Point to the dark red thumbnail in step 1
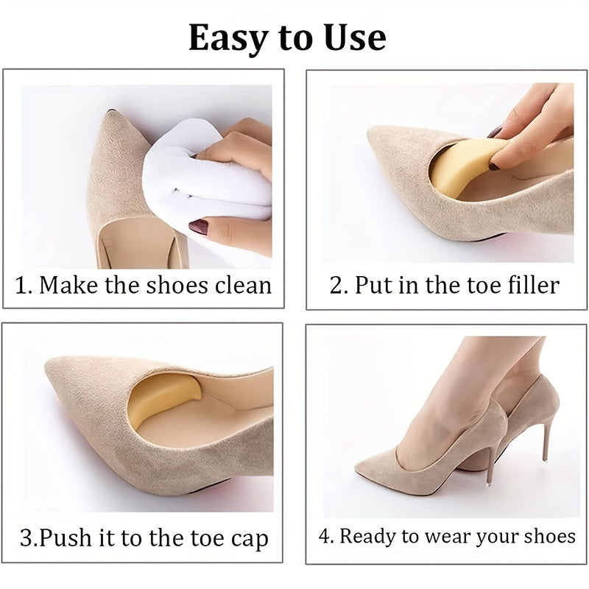pos(198,228)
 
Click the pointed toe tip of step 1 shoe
pos(110,112)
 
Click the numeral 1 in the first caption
pos(21,286)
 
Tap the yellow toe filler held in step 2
pos(462,165)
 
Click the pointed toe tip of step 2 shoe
pos(370,132)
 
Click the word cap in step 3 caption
pos(250,540)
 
